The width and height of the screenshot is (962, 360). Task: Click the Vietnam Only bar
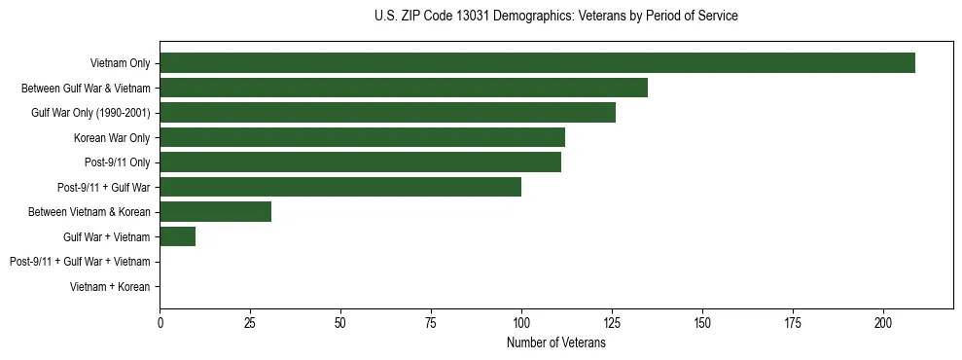coord(537,63)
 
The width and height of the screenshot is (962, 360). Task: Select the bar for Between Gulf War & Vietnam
coord(404,88)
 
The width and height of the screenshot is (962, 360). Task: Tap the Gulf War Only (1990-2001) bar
coord(387,113)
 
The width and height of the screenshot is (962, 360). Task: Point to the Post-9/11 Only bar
coord(360,162)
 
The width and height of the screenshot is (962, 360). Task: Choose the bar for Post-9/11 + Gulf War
coord(340,187)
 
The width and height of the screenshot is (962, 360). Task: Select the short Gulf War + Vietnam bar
coord(177,236)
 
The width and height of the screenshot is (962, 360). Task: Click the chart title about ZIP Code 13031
coord(555,17)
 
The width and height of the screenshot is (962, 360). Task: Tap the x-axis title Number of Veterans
coord(555,343)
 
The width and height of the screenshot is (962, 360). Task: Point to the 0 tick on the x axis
coord(160,322)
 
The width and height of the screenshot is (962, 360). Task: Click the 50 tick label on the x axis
coord(340,322)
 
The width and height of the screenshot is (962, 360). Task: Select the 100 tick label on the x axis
coord(521,322)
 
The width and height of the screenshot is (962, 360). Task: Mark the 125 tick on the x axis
coord(612,322)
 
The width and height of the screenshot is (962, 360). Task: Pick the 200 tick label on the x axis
coord(883,322)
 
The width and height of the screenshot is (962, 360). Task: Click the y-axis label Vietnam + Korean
coord(110,287)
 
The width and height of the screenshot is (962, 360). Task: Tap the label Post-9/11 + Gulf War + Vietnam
coord(80,262)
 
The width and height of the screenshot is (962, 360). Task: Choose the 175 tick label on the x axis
coord(793,322)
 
